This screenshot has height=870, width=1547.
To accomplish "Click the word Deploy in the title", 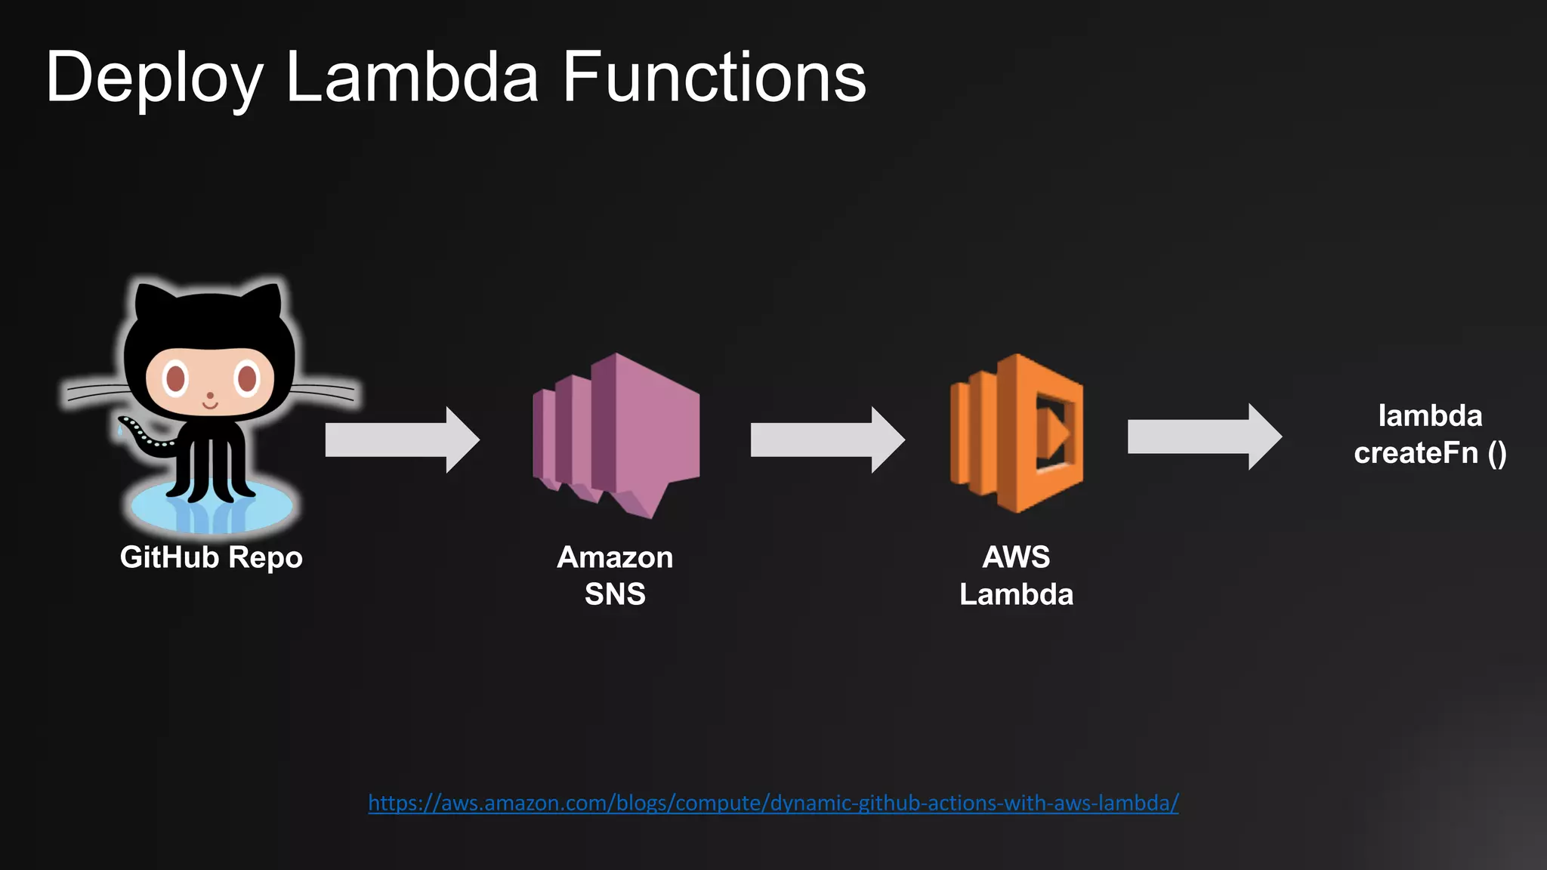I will coord(154,79).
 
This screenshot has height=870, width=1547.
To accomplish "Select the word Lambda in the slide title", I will coord(412,77).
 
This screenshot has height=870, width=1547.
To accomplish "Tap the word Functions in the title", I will coord(714,77).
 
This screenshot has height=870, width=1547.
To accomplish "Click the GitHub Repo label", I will coord(211,557).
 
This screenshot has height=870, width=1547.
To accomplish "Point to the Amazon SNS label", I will coord(615,575).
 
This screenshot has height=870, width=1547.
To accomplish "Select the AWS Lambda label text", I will coord(1016,575).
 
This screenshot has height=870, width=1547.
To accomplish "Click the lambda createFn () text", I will coord(1429,434).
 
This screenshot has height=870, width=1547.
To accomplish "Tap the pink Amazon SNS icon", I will coord(616,434).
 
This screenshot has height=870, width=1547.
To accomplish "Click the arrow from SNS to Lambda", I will coord(827,440).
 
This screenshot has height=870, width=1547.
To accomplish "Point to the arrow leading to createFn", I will coord(1204,437).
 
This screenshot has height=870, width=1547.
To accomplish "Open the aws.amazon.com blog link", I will coord(773,803).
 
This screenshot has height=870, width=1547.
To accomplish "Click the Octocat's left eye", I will coord(175,378).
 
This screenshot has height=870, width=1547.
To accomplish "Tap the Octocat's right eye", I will coord(246,378).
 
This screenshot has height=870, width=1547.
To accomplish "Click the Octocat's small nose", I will coord(210,395).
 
